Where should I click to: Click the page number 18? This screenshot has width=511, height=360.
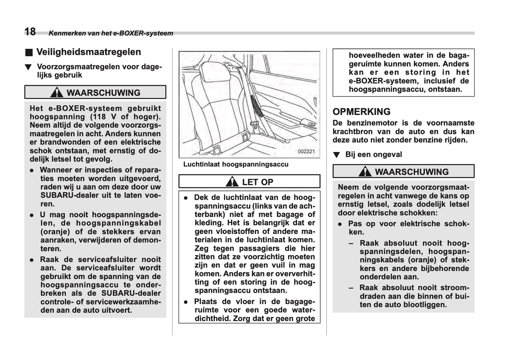(x=30, y=32)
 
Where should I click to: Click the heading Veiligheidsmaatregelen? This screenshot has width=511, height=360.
(x=88, y=52)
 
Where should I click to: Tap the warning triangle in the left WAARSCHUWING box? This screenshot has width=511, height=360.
(x=57, y=93)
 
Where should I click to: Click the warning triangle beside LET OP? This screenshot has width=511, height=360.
(x=232, y=182)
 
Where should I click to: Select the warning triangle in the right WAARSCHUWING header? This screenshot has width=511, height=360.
(x=365, y=172)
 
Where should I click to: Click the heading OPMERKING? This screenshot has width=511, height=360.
(x=361, y=112)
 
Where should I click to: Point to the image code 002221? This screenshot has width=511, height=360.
(x=306, y=151)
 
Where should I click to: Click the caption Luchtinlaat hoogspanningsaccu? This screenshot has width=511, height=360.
(x=236, y=164)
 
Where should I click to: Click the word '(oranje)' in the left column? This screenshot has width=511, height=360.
(x=56, y=232)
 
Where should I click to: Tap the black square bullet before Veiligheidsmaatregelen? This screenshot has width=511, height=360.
(x=29, y=53)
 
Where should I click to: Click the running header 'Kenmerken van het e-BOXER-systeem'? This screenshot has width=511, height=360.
(x=111, y=34)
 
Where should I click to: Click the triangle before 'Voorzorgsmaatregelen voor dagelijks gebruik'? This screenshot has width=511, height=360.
(x=28, y=67)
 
